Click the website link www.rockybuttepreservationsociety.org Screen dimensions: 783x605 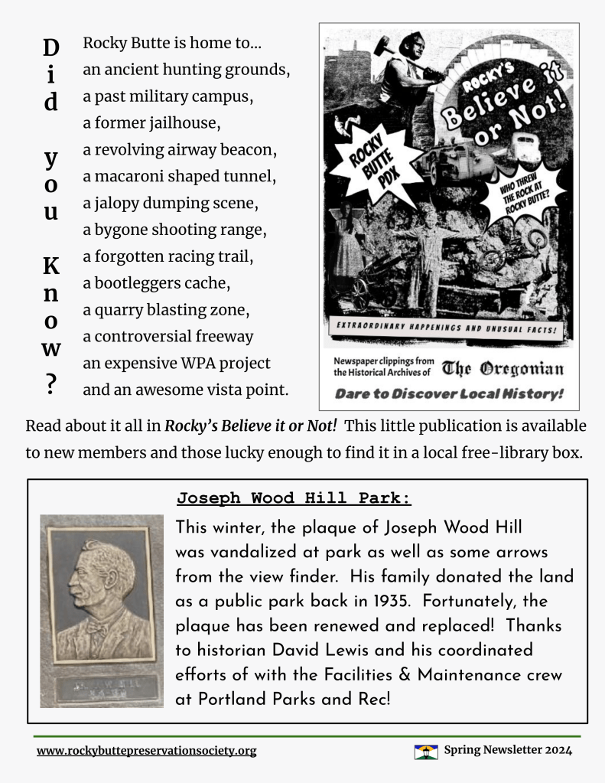coord(146,751)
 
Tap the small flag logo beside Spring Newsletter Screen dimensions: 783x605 coord(426,751)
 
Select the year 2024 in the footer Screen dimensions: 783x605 coord(558,750)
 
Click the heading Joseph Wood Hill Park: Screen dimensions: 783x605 coord(294,499)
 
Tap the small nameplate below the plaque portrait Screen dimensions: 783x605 coord(102,687)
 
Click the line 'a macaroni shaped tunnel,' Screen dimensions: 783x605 coord(180,176)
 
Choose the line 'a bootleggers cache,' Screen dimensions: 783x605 coord(157,283)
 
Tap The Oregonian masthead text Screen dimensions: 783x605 coord(503,370)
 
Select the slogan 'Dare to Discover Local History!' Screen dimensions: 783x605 coord(449,393)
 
